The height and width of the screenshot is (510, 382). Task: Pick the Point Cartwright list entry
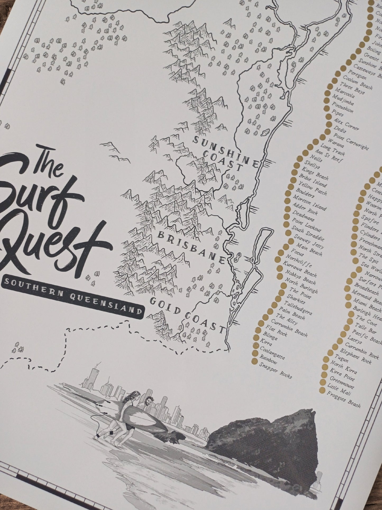351,142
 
